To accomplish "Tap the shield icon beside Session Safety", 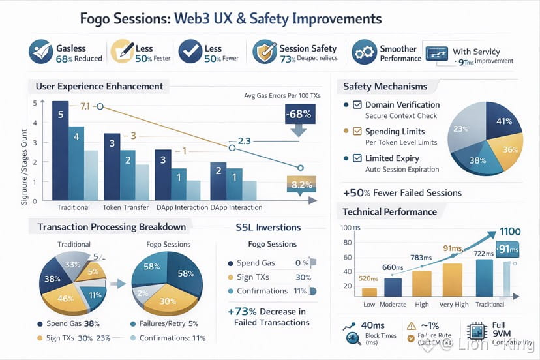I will tap(263, 52).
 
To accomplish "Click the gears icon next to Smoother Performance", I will tap(365, 53).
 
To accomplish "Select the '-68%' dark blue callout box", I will tap(298, 113).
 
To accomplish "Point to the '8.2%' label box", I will tap(301, 185).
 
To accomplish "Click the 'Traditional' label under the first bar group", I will tap(74, 207).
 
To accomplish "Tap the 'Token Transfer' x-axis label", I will tap(126, 207).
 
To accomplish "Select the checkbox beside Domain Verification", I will tap(357, 105).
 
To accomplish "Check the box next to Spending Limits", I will tap(357, 132).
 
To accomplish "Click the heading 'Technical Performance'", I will tap(390, 212).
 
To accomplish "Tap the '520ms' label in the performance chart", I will tap(369, 278).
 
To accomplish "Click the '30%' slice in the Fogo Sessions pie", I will tap(168, 301).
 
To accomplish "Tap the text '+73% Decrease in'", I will tap(267, 311).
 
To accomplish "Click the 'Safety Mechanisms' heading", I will tap(385, 87).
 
